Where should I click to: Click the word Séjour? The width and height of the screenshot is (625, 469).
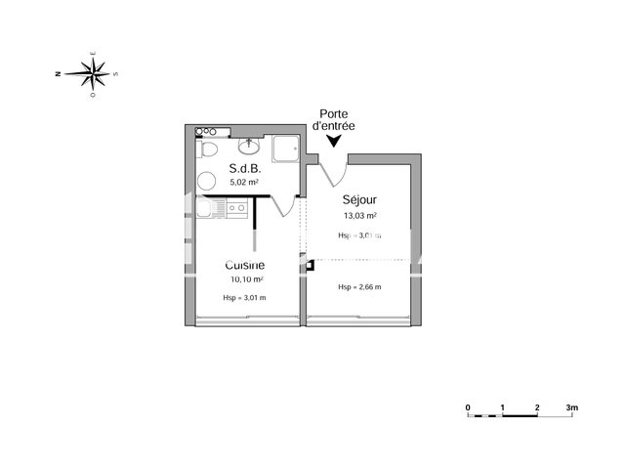click(359, 201)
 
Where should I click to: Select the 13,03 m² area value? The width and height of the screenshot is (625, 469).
click(359, 216)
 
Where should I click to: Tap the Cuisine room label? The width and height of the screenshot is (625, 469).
click(245, 265)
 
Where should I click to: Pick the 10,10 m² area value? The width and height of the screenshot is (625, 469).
click(245, 278)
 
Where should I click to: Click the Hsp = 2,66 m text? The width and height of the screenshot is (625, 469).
click(359, 286)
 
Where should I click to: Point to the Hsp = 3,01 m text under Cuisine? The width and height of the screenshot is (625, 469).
click(245, 298)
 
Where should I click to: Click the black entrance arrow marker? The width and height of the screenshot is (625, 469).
click(334, 143)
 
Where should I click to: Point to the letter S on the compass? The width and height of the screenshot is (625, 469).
click(115, 72)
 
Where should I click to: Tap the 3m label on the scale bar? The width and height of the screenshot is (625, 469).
click(572, 406)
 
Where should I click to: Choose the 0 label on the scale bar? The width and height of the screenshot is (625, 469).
click(468, 406)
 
